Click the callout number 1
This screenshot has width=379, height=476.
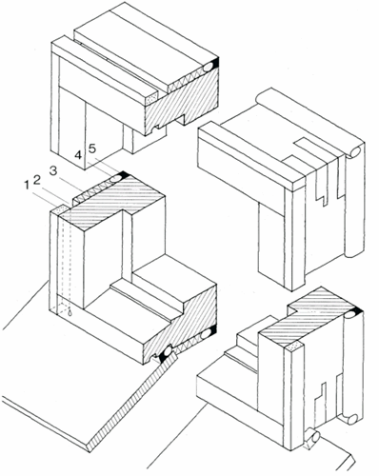[27, 186]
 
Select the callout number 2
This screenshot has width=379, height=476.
[37, 180]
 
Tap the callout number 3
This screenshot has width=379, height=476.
[53, 170]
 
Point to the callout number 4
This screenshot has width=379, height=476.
[78, 155]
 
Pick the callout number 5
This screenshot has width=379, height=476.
[91, 149]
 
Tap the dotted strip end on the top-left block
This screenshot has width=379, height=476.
[151, 98]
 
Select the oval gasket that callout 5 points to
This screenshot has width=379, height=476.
[115, 179]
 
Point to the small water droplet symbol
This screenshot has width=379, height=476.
[70, 312]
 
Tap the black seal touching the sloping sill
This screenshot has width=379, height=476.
[166, 353]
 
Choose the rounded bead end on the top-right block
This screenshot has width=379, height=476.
[355, 152]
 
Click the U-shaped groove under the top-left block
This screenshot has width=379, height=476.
[156, 129]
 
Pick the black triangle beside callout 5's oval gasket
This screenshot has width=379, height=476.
[124, 174]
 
